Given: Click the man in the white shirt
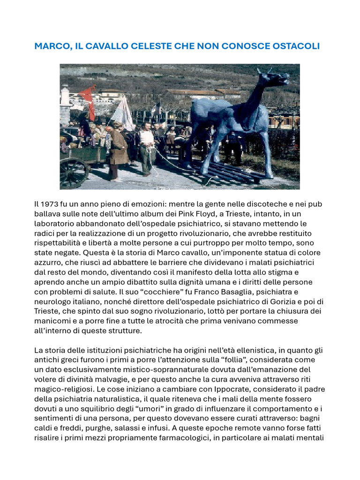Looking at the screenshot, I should tap(147, 145).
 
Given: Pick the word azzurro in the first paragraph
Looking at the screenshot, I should tap(49, 263).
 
